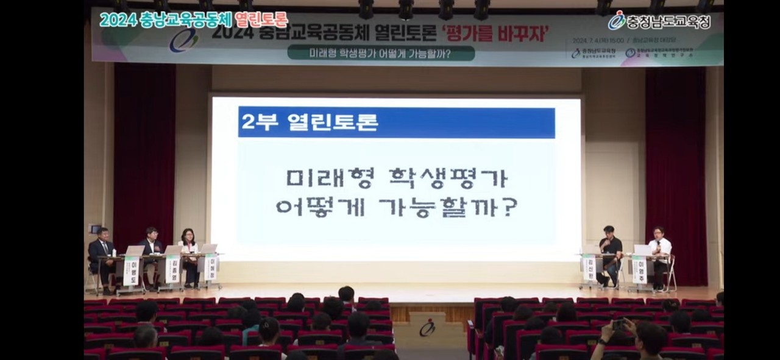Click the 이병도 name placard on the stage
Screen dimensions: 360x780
[131, 270]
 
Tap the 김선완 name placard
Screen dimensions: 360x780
[589, 269]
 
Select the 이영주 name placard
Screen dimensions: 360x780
[639, 269]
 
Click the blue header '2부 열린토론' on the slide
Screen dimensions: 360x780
[396, 122]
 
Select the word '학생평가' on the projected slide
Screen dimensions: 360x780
[448, 178]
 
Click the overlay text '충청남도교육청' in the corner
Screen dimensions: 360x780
[668, 23]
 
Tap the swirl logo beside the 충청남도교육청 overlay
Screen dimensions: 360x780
[617, 20]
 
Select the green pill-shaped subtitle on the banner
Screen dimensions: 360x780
[381, 54]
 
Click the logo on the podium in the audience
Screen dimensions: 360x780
[427, 328]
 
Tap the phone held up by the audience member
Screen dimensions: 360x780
[619, 324]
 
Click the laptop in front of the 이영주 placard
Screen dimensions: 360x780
[642, 250]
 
